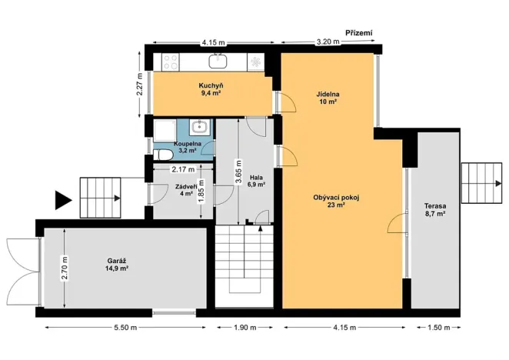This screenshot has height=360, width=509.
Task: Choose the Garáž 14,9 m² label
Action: tap(116, 265)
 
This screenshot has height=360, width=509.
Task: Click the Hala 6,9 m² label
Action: tap(256, 182)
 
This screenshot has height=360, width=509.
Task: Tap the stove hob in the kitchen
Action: tap(169, 59)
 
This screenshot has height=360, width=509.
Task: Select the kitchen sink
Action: tap(220, 59)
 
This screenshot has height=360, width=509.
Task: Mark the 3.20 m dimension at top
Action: tap(328, 43)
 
